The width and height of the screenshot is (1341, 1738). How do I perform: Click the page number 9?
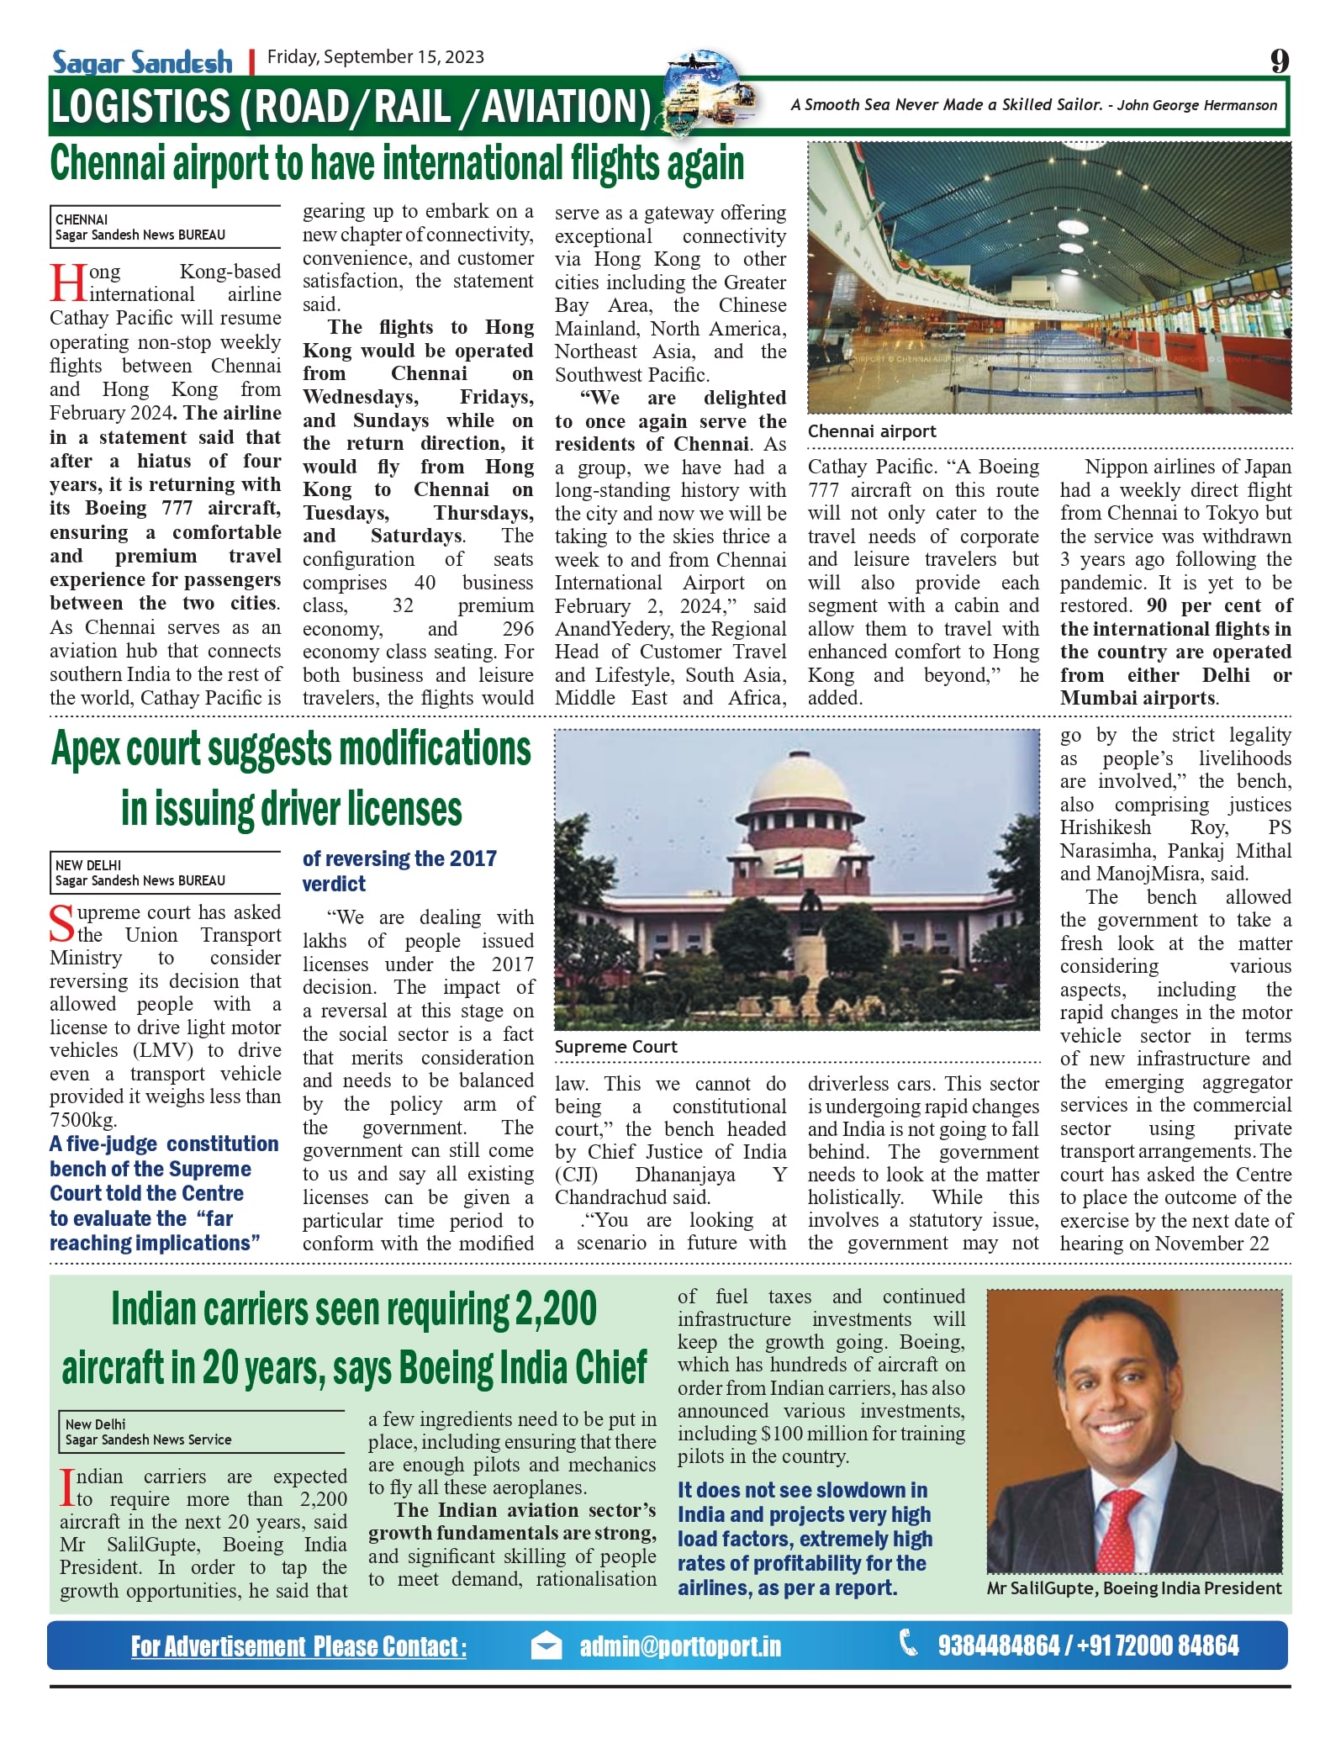point(1279,61)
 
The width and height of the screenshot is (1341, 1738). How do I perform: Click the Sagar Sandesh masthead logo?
point(142,61)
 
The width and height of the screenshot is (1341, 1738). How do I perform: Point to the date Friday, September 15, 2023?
point(376,57)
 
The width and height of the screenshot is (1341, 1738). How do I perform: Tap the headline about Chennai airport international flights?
point(397,163)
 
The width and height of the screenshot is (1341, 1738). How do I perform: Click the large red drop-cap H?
point(68,283)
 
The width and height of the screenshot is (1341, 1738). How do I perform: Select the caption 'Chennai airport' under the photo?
point(872,431)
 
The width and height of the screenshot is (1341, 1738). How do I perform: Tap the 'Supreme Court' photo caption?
point(615,1047)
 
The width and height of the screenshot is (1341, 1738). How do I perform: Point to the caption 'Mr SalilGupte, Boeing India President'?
point(1134,1588)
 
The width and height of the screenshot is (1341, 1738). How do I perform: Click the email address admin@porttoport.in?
point(680,1646)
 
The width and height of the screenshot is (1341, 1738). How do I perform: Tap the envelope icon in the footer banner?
point(546,1646)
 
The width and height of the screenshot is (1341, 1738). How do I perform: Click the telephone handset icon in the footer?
point(910,1643)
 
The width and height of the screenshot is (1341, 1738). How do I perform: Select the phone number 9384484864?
point(998,1646)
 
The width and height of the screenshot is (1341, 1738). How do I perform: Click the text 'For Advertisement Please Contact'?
point(298,1646)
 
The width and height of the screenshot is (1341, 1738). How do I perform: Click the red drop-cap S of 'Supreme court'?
point(62,923)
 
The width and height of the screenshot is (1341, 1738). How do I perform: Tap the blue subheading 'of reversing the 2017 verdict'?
point(399,870)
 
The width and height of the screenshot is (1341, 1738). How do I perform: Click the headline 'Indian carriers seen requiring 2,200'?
point(354,1309)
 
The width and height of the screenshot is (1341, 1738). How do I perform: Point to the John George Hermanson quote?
point(1033,105)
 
